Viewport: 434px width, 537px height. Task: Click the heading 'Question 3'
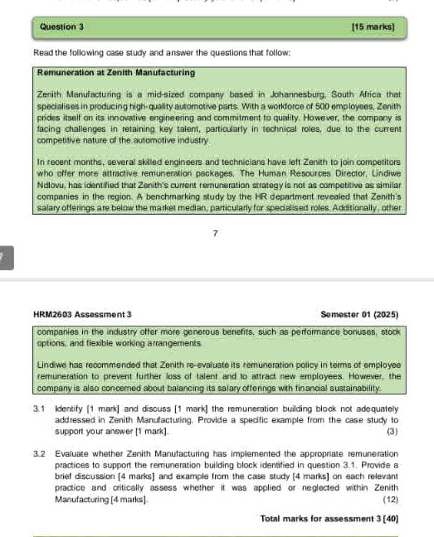click(61, 27)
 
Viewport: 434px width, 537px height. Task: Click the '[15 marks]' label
click(373, 27)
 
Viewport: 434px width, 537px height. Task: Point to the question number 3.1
click(38, 409)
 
